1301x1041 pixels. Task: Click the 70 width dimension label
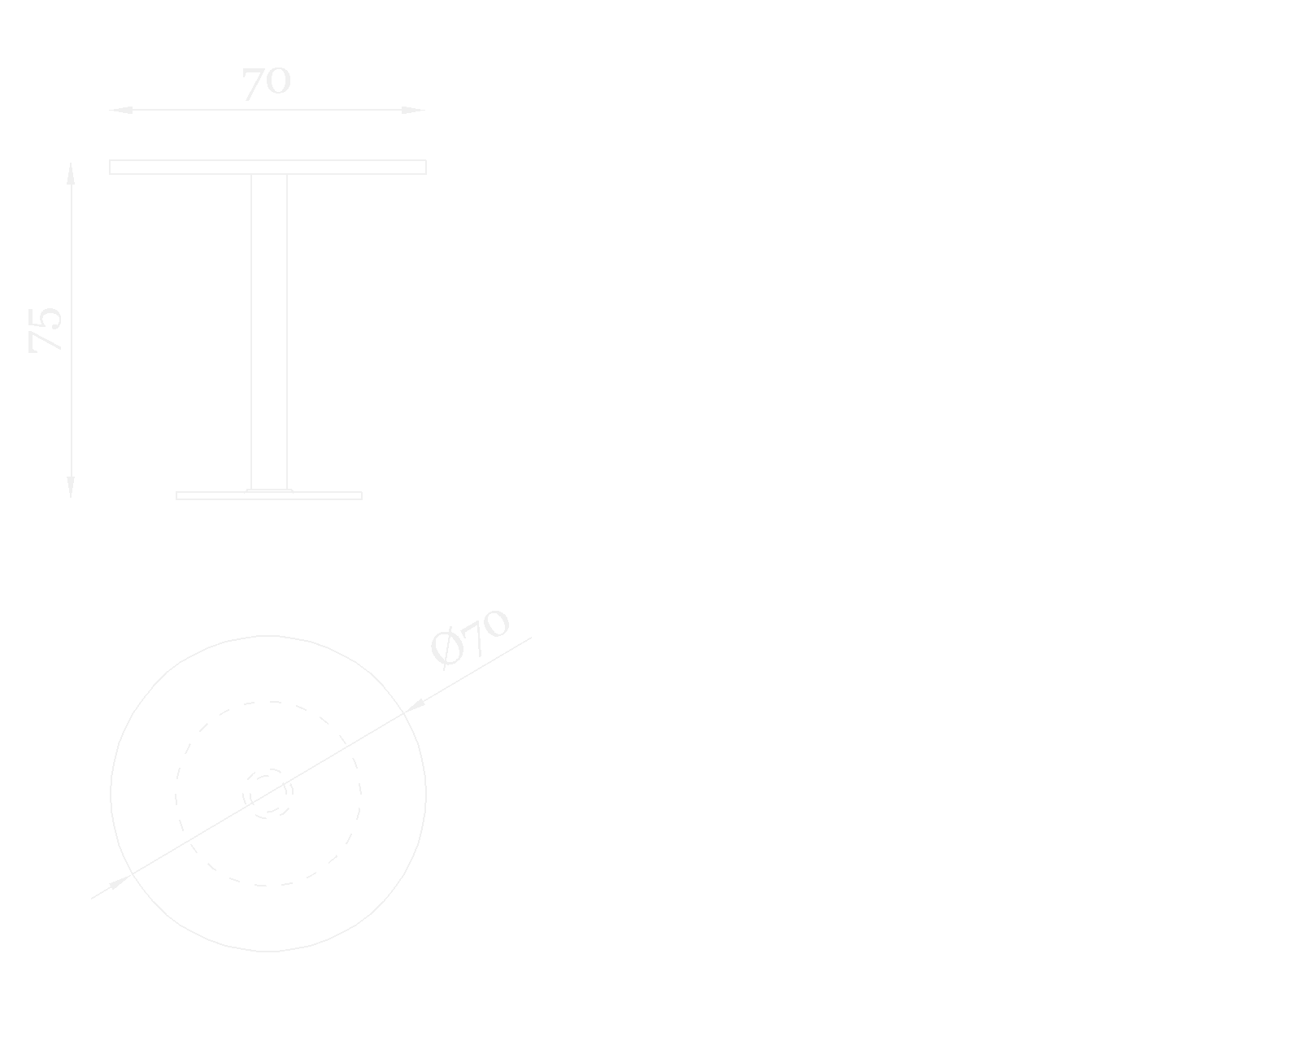(x=266, y=83)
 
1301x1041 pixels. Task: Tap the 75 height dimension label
(x=46, y=329)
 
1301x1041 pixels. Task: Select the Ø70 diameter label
(x=469, y=638)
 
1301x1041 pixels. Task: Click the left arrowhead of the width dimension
(x=121, y=110)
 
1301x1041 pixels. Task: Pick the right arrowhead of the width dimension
(x=413, y=110)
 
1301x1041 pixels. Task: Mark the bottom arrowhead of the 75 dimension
(x=71, y=486)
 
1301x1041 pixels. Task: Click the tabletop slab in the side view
(x=268, y=167)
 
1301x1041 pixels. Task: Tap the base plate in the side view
(x=269, y=495)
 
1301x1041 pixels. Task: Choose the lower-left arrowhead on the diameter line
(x=120, y=882)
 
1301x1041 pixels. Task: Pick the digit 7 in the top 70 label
(x=253, y=83)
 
